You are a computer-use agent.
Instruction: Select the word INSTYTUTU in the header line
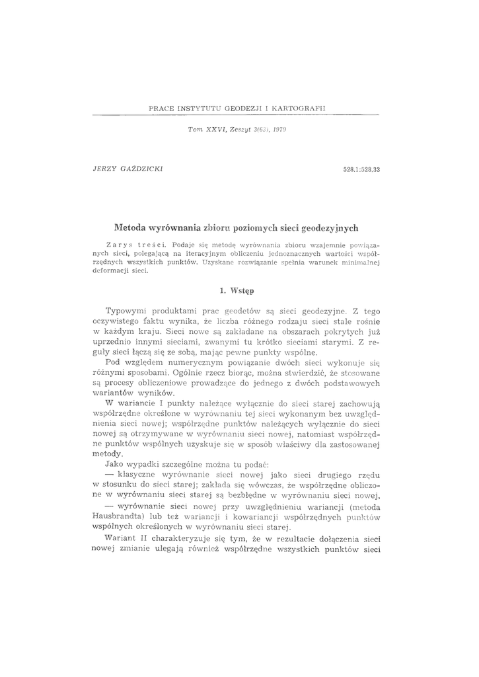pos(196,107)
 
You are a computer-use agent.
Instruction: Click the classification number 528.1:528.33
pos(365,170)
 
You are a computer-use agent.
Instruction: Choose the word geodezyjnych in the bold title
pos(330,227)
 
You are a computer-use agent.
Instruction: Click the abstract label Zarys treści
pos(135,245)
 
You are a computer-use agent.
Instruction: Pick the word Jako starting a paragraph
pos(117,464)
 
